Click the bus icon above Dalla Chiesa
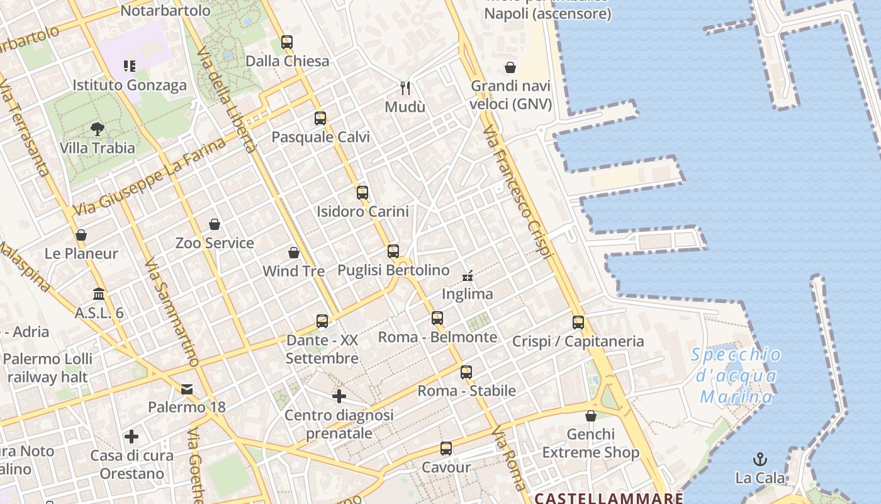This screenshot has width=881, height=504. click(x=287, y=42)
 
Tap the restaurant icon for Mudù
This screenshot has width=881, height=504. click(x=405, y=88)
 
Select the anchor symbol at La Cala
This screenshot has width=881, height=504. click(x=760, y=459)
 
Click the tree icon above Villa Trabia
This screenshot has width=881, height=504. click(x=97, y=129)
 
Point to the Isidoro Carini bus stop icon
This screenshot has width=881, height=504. click(x=362, y=193)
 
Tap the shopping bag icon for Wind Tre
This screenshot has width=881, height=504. click(x=293, y=253)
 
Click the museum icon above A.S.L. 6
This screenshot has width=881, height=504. click(x=99, y=294)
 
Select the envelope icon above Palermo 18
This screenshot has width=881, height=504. click(x=187, y=389)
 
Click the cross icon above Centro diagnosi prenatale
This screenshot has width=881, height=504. click(x=339, y=396)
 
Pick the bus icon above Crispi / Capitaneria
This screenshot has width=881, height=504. click(x=578, y=323)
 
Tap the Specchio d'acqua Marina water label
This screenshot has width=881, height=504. click(x=736, y=376)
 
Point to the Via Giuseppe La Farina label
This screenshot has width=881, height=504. click(x=149, y=176)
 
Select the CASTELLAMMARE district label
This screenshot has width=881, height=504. click(x=609, y=498)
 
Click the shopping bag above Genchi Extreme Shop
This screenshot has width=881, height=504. click(x=590, y=416)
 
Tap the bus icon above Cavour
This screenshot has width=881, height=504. click(x=446, y=449)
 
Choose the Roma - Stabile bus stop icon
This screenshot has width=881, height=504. click(x=466, y=372)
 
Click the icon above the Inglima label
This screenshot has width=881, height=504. click(x=467, y=275)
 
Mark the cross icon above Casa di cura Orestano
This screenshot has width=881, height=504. click(x=132, y=437)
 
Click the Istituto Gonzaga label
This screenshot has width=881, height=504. click(x=130, y=85)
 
